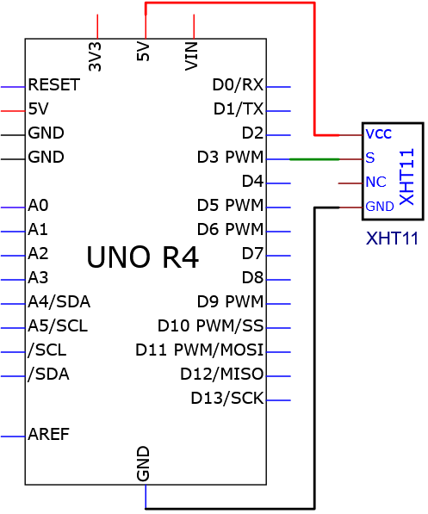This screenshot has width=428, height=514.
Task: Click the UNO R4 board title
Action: click(142, 257)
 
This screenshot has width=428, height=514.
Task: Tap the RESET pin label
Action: click(53, 84)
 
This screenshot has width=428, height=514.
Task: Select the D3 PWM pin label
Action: click(230, 157)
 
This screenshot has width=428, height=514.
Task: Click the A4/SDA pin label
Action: click(59, 302)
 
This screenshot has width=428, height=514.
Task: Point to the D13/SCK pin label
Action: click(227, 399)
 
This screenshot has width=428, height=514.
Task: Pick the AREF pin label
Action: click(48, 434)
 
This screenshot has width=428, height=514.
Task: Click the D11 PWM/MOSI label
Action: click(200, 350)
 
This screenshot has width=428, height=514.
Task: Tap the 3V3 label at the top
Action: click(95, 56)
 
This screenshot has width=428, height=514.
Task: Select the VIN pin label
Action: click(191, 56)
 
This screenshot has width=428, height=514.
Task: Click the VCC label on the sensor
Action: click(378, 133)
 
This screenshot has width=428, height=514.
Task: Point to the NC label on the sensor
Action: click(375, 182)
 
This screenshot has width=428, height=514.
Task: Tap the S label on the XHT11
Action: click(370, 158)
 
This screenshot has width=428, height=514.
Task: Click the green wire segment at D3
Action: click(314, 159)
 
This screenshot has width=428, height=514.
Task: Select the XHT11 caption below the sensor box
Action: click(392, 238)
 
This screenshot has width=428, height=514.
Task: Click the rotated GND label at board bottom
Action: click(143, 463)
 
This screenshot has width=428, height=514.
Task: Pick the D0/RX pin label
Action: click(238, 84)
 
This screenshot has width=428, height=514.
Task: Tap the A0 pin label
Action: click(38, 206)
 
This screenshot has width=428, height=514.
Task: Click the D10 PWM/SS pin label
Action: click(211, 325)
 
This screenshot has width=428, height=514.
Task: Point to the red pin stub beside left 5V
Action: click(13, 111)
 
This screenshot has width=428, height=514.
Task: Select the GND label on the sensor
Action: click(380, 207)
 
